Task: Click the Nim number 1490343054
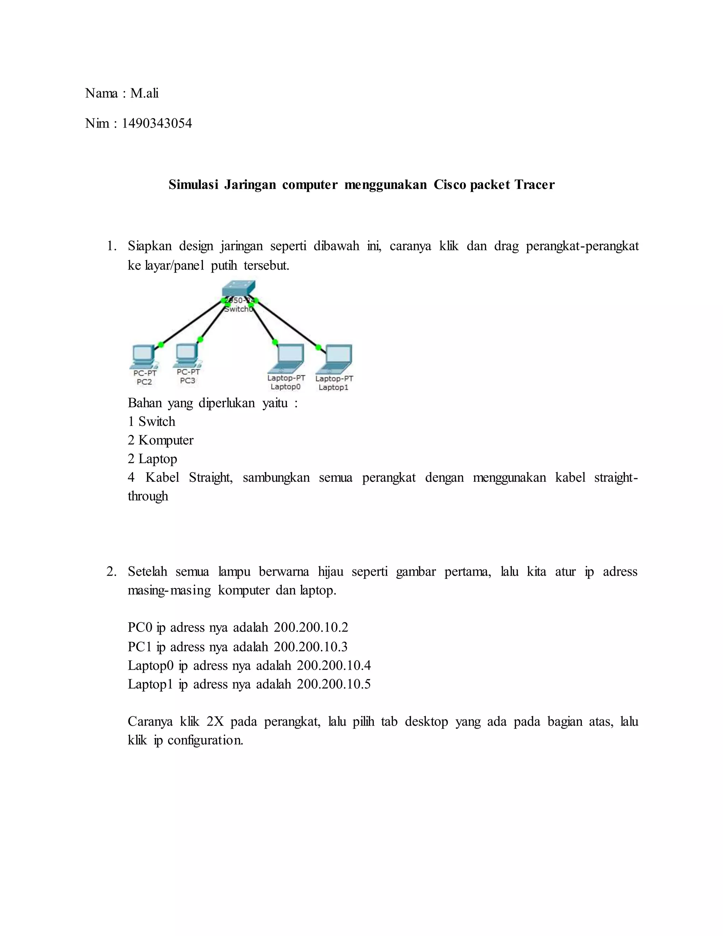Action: click(x=157, y=123)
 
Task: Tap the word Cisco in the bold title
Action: click(x=450, y=185)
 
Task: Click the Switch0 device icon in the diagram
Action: click(x=239, y=289)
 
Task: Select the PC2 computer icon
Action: click(x=143, y=356)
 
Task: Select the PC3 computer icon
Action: click(x=187, y=355)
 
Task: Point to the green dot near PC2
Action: click(x=161, y=344)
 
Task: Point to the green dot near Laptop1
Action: click(x=318, y=347)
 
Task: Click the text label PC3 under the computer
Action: click(x=187, y=380)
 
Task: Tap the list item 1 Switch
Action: click(x=151, y=422)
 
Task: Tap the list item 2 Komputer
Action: click(x=161, y=440)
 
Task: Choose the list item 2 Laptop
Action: click(x=153, y=459)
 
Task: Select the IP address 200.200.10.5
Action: click(x=334, y=684)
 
